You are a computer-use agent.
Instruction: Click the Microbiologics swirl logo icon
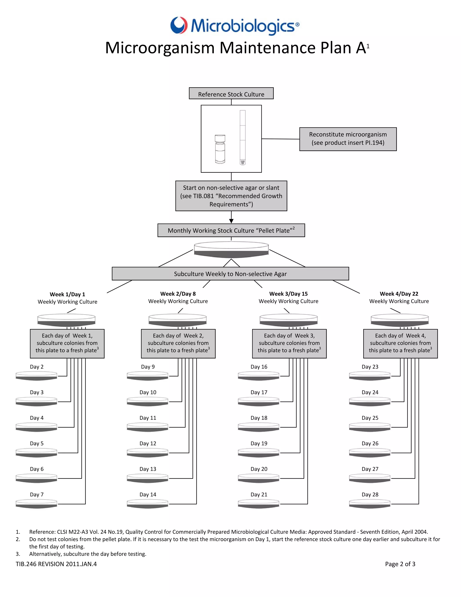point(179,25)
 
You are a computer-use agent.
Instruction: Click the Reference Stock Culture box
point(231,93)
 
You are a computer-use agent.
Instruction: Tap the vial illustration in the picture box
point(220,149)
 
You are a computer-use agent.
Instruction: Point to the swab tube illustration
point(242,137)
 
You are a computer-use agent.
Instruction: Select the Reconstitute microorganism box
point(348,139)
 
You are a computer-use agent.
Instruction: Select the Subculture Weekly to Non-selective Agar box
point(230,274)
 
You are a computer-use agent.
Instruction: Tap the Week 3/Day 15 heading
point(288,294)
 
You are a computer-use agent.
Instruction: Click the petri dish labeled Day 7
point(36,504)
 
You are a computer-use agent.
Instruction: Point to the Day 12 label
point(148,443)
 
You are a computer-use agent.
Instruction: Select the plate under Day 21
point(258,504)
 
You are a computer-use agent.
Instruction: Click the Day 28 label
point(370,494)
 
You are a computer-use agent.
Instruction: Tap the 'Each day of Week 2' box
point(178,343)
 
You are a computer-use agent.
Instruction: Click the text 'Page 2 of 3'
point(400,564)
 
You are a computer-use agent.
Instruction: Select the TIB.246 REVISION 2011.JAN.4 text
point(56,564)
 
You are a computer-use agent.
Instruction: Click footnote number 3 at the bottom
point(18,554)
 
